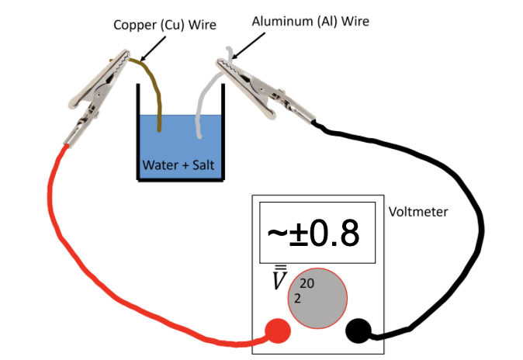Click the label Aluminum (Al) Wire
[310, 21]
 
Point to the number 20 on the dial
[306, 284]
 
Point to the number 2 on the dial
[296, 298]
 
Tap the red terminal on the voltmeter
[278, 331]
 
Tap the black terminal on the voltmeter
[358, 331]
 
